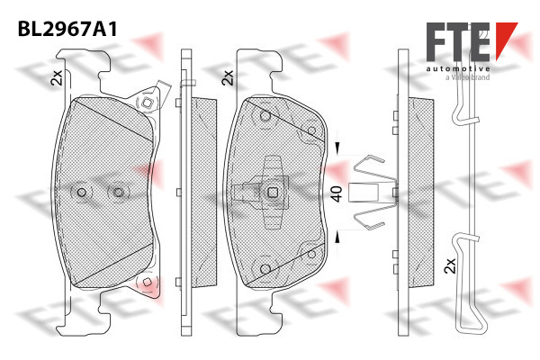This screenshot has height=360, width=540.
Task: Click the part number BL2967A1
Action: (67, 29)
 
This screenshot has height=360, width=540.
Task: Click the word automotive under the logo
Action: (458, 68)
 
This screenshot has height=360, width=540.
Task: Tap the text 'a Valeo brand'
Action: (467, 77)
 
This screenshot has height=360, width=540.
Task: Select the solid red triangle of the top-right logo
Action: (506, 38)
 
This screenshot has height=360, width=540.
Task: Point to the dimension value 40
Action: (336, 193)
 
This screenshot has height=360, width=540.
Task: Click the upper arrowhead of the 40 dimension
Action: (337, 148)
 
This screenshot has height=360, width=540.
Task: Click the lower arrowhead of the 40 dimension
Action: (337, 238)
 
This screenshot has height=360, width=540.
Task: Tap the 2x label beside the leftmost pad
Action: (57, 77)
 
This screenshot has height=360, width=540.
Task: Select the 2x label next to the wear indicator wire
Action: (450, 265)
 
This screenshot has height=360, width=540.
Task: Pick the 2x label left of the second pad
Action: (228, 78)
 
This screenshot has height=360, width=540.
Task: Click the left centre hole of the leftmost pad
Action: (82, 193)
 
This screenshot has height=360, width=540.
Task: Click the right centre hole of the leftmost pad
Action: (119, 193)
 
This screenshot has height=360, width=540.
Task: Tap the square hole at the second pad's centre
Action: (273, 193)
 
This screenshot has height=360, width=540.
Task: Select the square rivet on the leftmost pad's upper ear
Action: (148, 103)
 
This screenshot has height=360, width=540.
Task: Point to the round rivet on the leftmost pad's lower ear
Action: (147, 282)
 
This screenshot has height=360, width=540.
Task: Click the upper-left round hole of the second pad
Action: (265, 116)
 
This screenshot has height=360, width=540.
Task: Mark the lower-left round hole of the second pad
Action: (265, 269)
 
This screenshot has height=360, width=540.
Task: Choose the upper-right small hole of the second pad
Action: (311, 130)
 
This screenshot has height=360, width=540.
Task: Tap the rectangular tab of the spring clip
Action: (364, 193)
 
